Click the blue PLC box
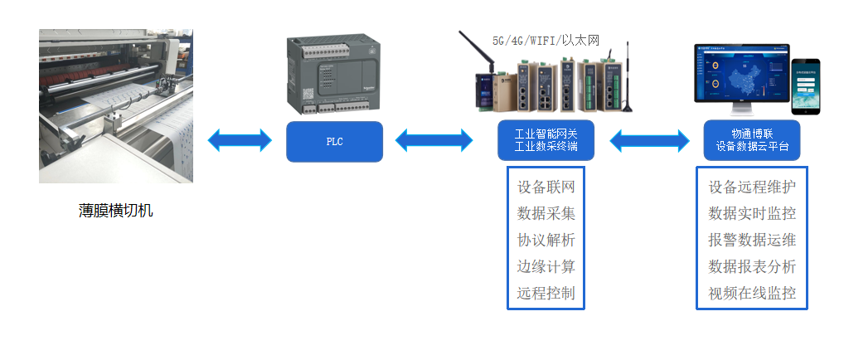point(334,142)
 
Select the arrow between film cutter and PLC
point(240,140)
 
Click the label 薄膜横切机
point(116,211)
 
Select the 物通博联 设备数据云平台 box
point(752,140)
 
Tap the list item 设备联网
point(546,187)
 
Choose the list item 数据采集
point(546,213)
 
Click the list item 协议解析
point(546,240)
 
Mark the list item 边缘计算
point(546,266)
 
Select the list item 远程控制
point(546,293)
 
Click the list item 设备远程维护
point(752,187)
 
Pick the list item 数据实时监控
point(752,213)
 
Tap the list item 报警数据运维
point(752,240)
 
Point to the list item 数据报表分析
point(752,266)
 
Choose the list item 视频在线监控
point(752,293)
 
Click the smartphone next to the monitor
point(804,87)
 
